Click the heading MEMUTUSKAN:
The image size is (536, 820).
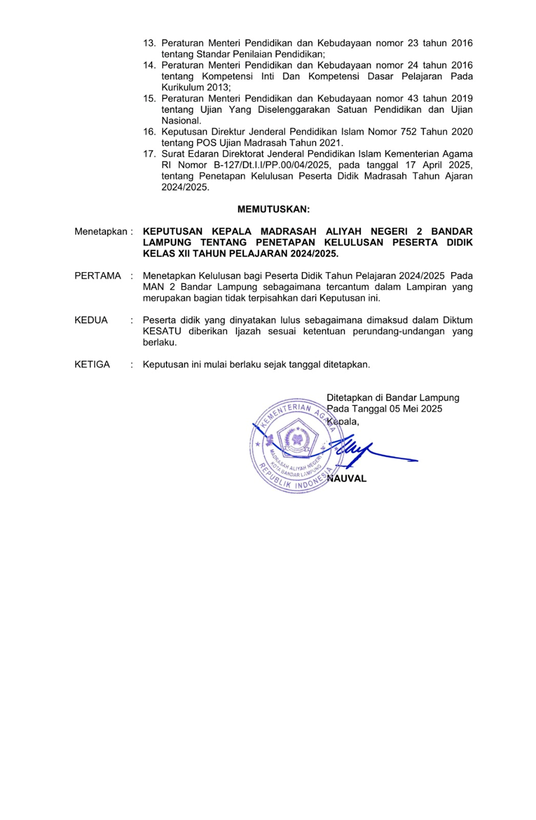[x=273, y=209]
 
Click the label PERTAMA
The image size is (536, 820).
[x=98, y=276]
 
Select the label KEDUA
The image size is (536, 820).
[x=91, y=320]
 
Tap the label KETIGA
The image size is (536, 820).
[x=92, y=365]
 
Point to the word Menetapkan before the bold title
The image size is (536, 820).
[x=100, y=232]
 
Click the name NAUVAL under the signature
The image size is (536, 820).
[x=348, y=479]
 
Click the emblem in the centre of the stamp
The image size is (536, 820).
[x=297, y=439]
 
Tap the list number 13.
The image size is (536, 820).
[x=149, y=43]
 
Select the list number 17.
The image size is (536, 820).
[x=149, y=154]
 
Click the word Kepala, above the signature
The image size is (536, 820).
[x=343, y=422]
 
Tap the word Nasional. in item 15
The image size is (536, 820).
[x=181, y=121]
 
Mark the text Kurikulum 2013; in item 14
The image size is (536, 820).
[x=196, y=88]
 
